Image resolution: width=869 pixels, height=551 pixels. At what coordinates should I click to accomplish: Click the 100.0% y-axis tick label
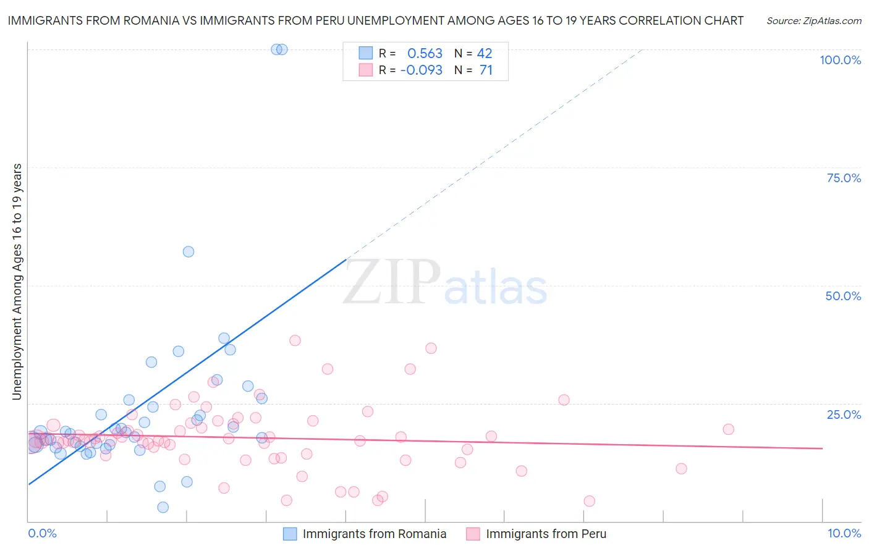pyautogui.click(x=840, y=60)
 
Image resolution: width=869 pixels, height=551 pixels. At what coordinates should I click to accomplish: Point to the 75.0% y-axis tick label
pyautogui.click(x=844, y=178)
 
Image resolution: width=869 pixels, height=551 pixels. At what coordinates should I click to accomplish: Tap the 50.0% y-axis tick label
pyautogui.click(x=843, y=296)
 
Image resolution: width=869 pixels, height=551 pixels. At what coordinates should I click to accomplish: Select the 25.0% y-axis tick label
pyautogui.click(x=844, y=414)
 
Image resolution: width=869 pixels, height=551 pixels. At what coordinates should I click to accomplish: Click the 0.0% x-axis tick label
pyautogui.click(x=42, y=533)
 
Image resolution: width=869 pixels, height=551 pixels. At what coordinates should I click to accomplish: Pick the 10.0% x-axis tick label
pyautogui.click(x=844, y=533)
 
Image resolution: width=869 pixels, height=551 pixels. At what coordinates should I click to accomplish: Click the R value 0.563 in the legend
pyautogui.click(x=425, y=54)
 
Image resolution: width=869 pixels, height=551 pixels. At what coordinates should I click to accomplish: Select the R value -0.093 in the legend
pyautogui.click(x=422, y=70)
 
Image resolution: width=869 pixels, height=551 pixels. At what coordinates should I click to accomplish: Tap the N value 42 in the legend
pyautogui.click(x=485, y=54)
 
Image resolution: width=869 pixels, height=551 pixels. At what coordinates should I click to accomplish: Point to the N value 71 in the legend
pyautogui.click(x=486, y=70)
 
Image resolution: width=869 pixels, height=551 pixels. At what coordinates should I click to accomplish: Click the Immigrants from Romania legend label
pyautogui.click(x=374, y=534)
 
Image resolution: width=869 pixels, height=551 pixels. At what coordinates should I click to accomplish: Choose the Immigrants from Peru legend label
pyautogui.click(x=546, y=534)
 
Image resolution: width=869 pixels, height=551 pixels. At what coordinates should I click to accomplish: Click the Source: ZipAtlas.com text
pyautogui.click(x=813, y=21)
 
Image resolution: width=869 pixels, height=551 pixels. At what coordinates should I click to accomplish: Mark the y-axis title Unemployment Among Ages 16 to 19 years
pyautogui.click(x=17, y=282)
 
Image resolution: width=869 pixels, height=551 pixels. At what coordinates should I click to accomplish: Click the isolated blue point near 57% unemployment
pyautogui.click(x=189, y=251)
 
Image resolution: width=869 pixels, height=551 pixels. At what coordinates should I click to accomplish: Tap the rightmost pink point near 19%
pyautogui.click(x=728, y=429)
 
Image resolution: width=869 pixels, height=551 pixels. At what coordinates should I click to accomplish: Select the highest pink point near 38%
pyautogui.click(x=295, y=340)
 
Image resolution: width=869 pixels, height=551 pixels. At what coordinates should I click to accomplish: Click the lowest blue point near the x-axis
pyautogui.click(x=163, y=507)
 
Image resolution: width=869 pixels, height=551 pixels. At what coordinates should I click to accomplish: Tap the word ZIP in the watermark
pyautogui.click(x=392, y=283)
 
